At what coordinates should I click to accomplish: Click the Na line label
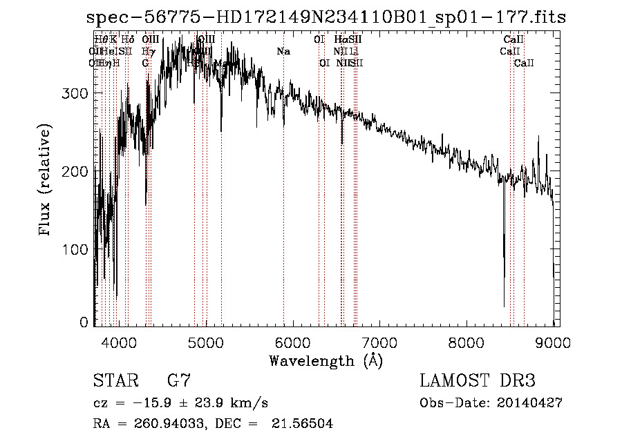tap(283, 51)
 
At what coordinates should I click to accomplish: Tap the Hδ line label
tap(128, 40)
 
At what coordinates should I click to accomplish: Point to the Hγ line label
tap(147, 51)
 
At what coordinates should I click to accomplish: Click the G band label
tap(146, 63)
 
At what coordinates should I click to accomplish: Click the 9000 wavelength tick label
tap(554, 341)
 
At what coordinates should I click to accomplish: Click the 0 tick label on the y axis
tap(84, 322)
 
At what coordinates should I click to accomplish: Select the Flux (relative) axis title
tap(46, 181)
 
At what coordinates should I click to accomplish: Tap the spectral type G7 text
tap(179, 381)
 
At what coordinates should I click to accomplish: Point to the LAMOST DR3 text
tap(477, 381)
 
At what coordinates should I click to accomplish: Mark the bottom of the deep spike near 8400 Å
tap(504, 306)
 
